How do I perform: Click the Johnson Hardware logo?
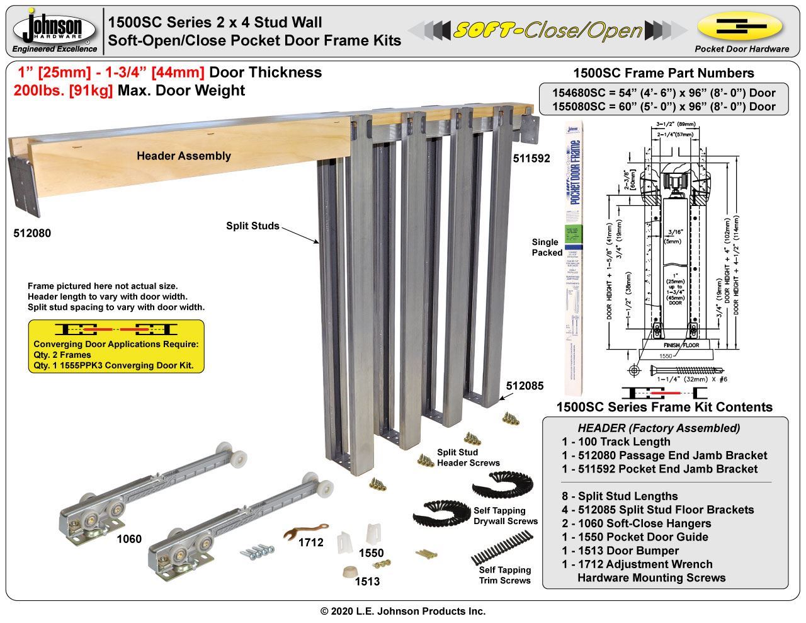tap(55, 30)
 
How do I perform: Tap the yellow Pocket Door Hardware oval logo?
tap(741, 27)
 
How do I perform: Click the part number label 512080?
tap(32, 234)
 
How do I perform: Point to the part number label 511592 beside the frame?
tap(531, 159)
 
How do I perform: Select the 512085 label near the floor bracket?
tap(525, 386)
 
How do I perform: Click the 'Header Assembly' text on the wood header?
tap(184, 156)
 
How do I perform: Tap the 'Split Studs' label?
tap(253, 226)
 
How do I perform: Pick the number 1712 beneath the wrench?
tap(310, 542)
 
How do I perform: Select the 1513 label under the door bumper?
tap(367, 581)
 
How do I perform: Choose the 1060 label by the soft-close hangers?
tap(129, 539)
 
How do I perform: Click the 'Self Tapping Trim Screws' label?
tap(505, 575)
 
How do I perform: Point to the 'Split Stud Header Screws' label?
tap(468, 457)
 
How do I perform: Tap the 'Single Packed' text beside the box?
tap(547, 247)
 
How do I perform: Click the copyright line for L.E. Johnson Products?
tap(403, 611)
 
